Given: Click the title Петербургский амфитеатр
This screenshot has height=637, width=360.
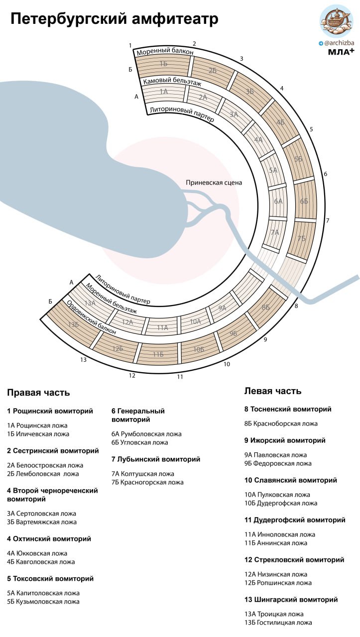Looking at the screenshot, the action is [x=115, y=19].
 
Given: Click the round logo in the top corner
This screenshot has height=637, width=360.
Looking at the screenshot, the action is [x=337, y=22].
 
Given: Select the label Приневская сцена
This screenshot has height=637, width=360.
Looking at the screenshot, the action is [x=214, y=182].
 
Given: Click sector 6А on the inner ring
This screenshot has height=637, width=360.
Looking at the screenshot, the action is [x=278, y=202].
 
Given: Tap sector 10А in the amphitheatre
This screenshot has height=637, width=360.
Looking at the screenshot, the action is [x=195, y=321].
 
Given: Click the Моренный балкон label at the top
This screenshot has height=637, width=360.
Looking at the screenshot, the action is [x=165, y=51].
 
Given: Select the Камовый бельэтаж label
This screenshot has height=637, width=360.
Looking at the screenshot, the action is [x=172, y=82].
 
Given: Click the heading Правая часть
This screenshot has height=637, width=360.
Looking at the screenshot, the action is [x=38, y=393].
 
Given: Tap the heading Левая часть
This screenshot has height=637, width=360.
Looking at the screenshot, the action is [x=273, y=391].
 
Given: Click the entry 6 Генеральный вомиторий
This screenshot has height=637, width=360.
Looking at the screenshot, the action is [x=138, y=415].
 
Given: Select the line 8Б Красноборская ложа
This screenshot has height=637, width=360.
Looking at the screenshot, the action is [x=281, y=424].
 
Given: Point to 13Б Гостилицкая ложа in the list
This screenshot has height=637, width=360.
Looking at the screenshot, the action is [x=278, y=623].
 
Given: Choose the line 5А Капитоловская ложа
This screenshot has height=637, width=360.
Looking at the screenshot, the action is [x=43, y=593].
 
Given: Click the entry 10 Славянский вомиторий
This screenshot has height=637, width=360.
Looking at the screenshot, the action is [x=291, y=480].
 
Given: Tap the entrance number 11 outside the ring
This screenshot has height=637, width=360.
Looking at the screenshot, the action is [x=180, y=377].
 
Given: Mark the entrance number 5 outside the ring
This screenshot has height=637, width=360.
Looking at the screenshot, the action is [x=311, y=129].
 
